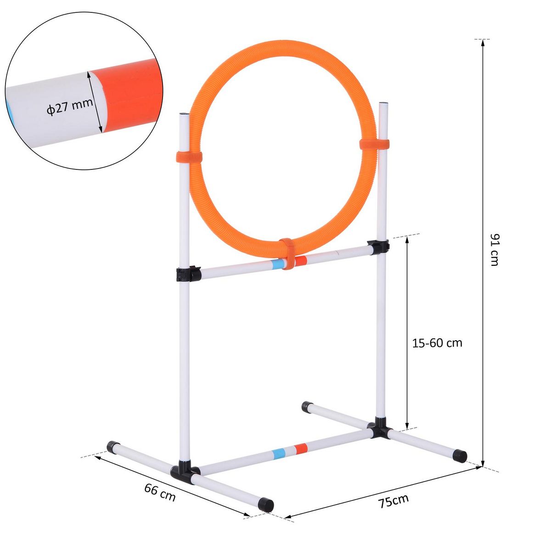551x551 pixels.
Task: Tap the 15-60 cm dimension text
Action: pyautogui.click(x=437, y=343)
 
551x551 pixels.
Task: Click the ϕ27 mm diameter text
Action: pyautogui.click(x=69, y=109)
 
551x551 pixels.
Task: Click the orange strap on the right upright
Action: pyautogui.click(x=374, y=144)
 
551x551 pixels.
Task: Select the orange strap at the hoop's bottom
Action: pyautogui.click(x=288, y=253)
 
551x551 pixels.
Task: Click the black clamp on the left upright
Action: pyautogui.click(x=187, y=274)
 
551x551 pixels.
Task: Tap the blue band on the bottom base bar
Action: pyautogui.click(x=279, y=454)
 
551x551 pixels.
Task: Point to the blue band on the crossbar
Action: pyautogui.click(x=277, y=264)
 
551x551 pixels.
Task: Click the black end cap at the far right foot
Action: pyautogui.click(x=460, y=456)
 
